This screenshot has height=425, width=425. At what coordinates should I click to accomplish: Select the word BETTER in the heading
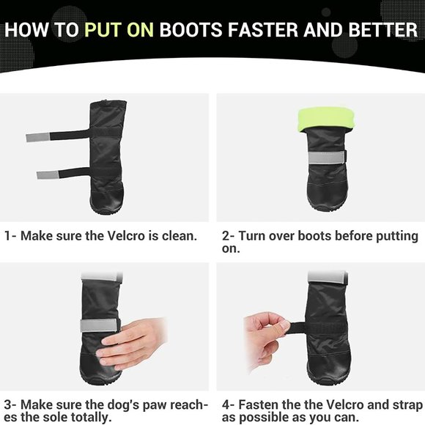pos(383,29)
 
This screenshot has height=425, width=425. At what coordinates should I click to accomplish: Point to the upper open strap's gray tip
pos(38,138)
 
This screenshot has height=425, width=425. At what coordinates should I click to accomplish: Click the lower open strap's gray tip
pos(48,175)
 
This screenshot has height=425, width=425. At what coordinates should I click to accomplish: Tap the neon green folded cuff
pos(326,119)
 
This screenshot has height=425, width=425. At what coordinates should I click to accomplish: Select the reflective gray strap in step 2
pos(327,158)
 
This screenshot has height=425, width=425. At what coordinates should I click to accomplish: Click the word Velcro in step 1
pos(126,236)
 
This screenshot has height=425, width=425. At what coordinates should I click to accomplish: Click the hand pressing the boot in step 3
pos(131,343)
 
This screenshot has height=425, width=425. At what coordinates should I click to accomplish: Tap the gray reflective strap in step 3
pos(100,325)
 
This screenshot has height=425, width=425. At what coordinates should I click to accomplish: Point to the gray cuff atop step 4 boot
pos(328,276)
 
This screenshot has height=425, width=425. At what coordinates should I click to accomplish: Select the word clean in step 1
pos(179,236)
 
